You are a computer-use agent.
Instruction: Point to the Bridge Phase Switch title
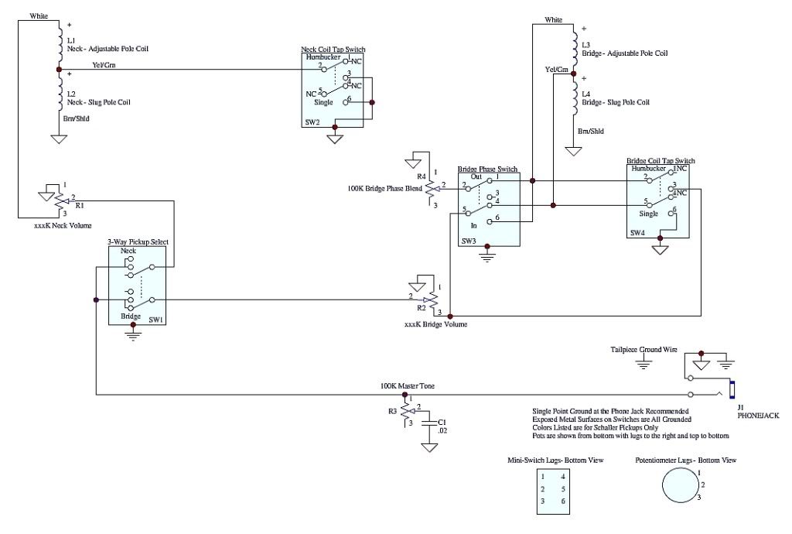(488, 169)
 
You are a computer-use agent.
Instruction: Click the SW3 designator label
(469, 241)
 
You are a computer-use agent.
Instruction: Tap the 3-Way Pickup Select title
(138, 241)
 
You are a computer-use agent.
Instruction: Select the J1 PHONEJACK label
(755, 412)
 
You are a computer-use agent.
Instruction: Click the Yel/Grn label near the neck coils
(104, 65)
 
